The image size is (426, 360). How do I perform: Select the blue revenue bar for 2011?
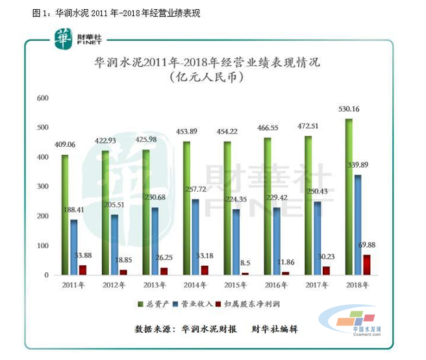[74, 247]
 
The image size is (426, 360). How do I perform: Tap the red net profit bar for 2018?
[368, 264]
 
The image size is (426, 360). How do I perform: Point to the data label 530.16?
[348, 109]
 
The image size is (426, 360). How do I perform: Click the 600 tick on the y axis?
[43, 98]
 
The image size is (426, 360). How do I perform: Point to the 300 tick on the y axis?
[43, 186]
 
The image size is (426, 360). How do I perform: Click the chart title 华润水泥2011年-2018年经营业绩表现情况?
[208, 64]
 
